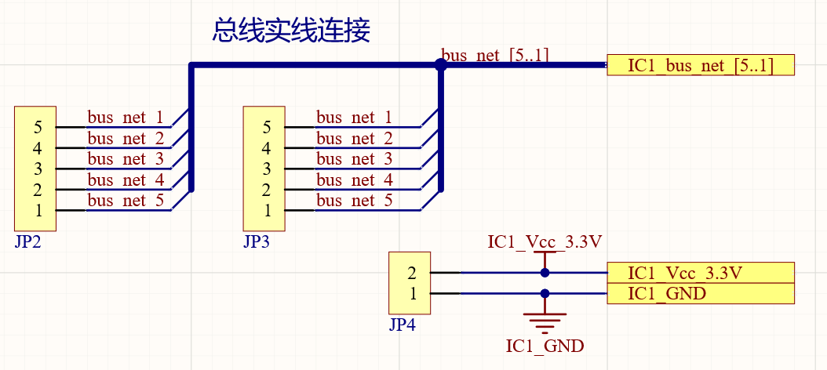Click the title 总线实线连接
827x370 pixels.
[x=291, y=31]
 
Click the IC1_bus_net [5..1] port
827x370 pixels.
[x=701, y=65]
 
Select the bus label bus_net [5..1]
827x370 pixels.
[x=495, y=55]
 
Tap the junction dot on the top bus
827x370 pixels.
[x=441, y=66]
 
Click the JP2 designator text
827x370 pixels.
[x=27, y=241]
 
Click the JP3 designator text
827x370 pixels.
[x=257, y=241]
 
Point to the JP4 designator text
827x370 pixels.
[x=402, y=325]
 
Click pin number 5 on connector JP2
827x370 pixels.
[x=38, y=127]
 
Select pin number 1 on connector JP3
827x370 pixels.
[x=267, y=210]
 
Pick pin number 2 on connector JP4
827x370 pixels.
[x=412, y=274]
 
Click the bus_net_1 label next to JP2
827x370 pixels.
[x=126, y=118]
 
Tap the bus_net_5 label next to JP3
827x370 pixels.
[x=354, y=201]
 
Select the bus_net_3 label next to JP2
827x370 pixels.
[x=126, y=159]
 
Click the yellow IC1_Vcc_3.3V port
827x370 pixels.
[x=701, y=273]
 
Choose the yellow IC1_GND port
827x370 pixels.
[x=701, y=294]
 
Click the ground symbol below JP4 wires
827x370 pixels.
[x=545, y=319]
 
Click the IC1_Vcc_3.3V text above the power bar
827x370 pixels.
[x=545, y=241]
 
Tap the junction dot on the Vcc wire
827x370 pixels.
[x=545, y=273]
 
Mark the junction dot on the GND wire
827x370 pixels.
[x=545, y=294]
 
